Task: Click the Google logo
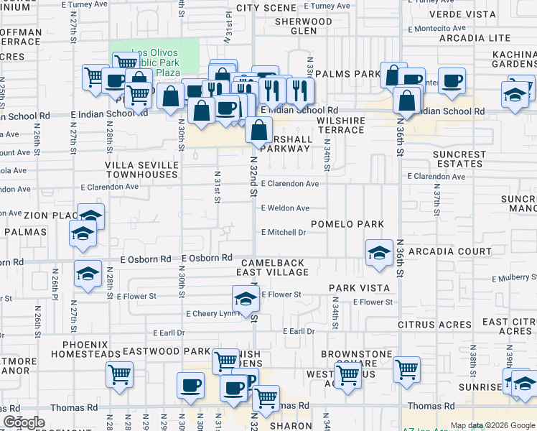pos(24,422)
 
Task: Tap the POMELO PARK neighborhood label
pos(347,224)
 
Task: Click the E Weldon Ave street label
pos(285,208)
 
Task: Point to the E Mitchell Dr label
pos(284,233)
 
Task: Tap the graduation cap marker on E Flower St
pos(246,299)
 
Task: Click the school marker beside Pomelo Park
pos(379,253)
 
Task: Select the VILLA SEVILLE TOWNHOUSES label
pos(141,170)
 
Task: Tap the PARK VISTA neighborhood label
pos(359,288)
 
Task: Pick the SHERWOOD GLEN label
pos(304,27)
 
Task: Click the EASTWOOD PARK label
pos(157,351)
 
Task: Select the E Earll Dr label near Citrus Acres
pos(299,331)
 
